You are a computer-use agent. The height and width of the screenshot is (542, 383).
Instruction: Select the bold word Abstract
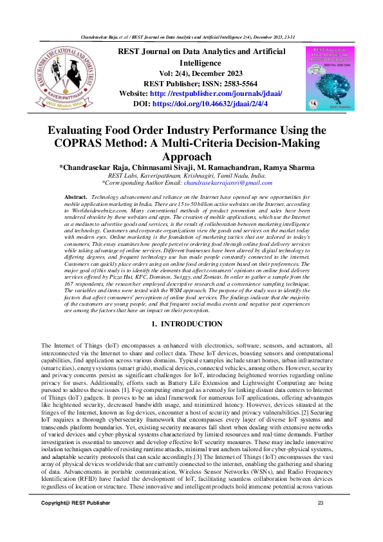[x=77, y=196]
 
